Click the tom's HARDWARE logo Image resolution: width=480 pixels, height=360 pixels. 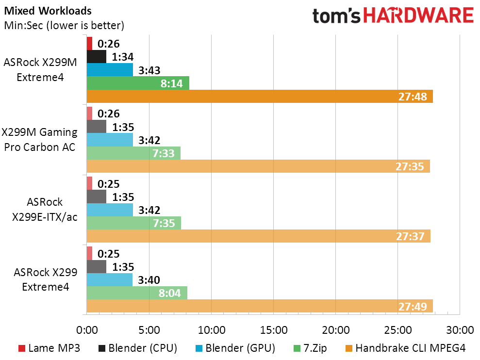click(393, 16)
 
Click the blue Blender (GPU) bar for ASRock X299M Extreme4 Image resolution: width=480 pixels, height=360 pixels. click(110, 70)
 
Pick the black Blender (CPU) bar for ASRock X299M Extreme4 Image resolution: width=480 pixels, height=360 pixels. click(96, 56)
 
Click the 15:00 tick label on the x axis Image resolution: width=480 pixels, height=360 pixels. click(273, 330)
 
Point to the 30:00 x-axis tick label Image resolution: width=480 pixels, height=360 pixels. click(459, 330)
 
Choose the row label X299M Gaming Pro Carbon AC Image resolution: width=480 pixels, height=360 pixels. click(40, 139)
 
